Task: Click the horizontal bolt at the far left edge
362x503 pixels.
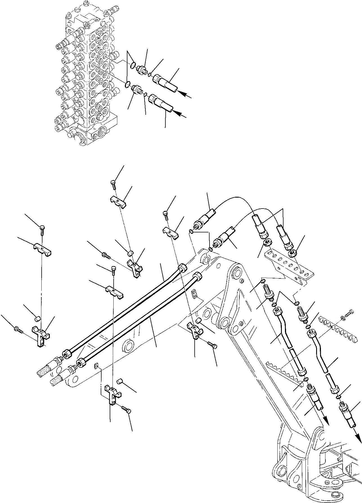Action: click(18, 329)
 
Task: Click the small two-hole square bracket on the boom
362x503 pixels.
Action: click(194, 294)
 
